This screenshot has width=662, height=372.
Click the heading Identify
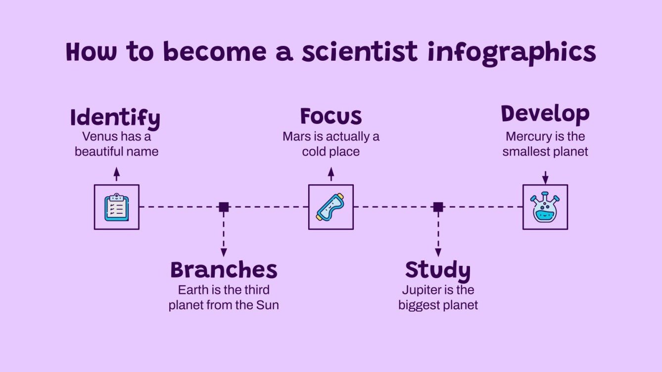115,118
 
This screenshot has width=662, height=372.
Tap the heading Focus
331,117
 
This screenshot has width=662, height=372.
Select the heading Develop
545,114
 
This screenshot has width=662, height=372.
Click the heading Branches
224,270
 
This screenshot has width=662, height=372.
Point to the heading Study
437,270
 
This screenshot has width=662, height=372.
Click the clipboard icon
117,207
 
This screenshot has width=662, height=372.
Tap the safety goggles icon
331,207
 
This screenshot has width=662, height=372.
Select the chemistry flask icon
545,207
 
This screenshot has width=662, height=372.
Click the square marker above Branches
224,207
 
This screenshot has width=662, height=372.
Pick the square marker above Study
438,207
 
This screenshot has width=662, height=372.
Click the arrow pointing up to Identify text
117,174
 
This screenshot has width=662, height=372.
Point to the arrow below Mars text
331,174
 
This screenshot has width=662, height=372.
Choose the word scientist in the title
360,52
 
